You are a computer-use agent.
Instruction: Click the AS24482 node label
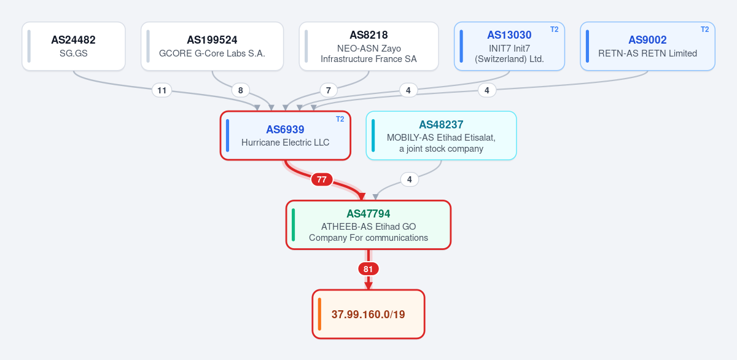click(73, 40)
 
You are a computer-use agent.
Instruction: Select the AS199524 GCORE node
click(213, 46)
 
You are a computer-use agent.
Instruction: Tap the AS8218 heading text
click(368, 35)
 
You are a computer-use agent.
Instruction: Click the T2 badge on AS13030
click(555, 29)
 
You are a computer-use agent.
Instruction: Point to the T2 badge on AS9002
click(705, 29)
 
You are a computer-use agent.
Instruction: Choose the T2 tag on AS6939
click(340, 119)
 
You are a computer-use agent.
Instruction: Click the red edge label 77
click(321, 179)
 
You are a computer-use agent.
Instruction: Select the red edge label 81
click(368, 269)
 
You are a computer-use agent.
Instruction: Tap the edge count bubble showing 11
click(162, 90)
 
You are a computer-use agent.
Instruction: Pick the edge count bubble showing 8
click(241, 90)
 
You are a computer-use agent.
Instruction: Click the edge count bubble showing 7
click(329, 90)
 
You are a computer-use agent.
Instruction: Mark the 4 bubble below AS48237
click(409, 179)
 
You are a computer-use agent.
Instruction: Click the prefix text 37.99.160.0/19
click(368, 315)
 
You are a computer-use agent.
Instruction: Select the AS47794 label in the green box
click(368, 214)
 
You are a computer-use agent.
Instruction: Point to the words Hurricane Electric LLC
click(285, 143)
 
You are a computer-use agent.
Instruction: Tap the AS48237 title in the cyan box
click(441, 124)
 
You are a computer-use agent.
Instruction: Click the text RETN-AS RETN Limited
click(647, 53)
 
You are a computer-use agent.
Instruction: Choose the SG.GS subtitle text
click(73, 53)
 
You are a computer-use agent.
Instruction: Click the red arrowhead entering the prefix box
click(368, 286)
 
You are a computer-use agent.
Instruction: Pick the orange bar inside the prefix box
click(319, 314)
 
